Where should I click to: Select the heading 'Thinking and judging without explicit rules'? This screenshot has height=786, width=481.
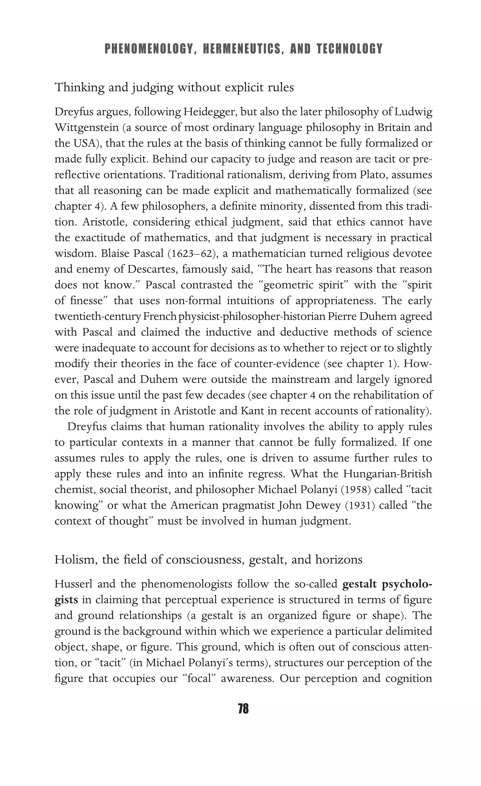tap(174, 87)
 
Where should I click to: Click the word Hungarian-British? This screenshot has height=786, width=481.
tap(387, 474)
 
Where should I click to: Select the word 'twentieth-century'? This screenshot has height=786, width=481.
tap(98, 316)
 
